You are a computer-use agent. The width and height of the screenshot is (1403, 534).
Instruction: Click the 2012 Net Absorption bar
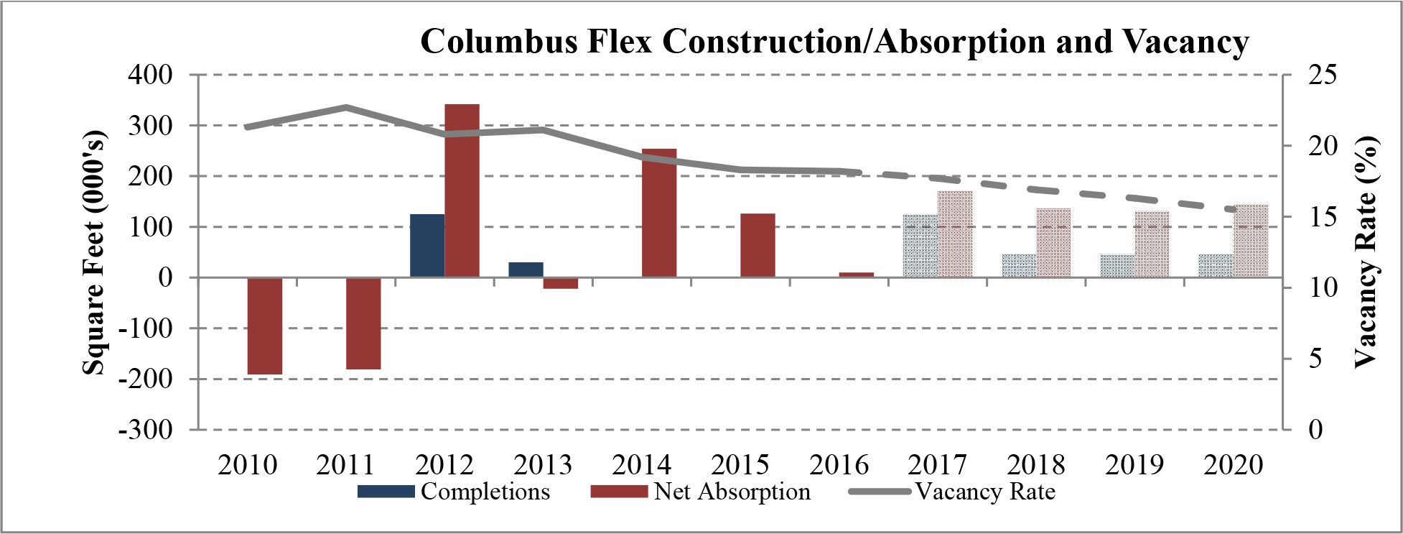[462, 190]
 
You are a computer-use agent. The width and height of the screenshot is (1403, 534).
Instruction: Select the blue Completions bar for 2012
[427, 245]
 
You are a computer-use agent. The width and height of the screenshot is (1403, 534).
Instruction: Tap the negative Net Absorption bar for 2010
[265, 326]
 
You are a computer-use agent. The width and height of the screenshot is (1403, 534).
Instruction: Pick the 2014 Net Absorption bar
[659, 213]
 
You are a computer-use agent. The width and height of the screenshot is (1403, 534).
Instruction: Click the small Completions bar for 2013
[526, 270]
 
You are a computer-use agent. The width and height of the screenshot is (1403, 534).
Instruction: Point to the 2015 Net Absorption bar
[758, 245]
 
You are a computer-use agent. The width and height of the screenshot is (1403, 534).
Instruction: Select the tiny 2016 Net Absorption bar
[856, 275]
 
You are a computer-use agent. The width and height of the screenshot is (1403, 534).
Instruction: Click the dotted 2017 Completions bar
[920, 246]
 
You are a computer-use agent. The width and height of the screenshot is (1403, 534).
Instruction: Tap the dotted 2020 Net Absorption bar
[1251, 241]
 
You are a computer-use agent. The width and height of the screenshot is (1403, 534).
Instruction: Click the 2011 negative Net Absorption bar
[363, 323]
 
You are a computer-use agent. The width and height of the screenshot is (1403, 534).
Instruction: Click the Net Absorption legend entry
[700, 492]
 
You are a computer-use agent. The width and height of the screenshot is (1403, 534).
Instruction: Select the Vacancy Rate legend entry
[952, 492]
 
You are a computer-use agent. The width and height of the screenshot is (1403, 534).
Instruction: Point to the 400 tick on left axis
[150, 74]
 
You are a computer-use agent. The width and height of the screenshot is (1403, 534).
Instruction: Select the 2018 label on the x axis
[1036, 465]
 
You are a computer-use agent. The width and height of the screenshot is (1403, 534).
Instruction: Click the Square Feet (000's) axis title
[93, 253]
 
